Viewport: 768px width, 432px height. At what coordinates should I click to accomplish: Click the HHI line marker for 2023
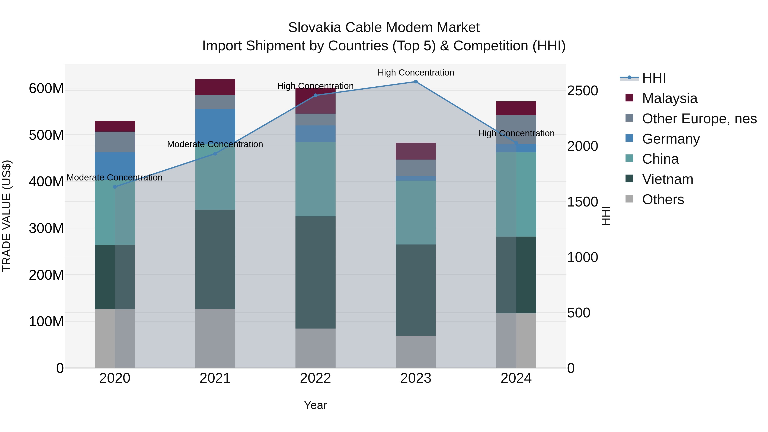(x=416, y=82)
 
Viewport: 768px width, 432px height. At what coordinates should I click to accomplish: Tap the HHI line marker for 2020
(x=115, y=187)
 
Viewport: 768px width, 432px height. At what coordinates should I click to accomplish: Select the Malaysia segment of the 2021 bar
(x=215, y=87)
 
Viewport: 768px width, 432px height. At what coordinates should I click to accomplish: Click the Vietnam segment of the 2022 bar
(x=316, y=272)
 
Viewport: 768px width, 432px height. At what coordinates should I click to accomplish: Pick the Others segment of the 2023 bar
(x=416, y=352)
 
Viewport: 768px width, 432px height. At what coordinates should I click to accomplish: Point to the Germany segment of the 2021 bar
(x=215, y=125)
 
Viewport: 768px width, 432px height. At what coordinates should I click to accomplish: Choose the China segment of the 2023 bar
(x=416, y=212)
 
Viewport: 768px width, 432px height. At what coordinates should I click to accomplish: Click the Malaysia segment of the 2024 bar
(x=516, y=108)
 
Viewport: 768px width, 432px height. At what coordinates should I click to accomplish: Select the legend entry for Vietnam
(x=668, y=179)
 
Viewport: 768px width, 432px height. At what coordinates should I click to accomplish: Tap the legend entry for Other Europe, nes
(x=699, y=119)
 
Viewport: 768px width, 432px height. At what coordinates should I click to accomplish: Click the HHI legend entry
(x=653, y=78)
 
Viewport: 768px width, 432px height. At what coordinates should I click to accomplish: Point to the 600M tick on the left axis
(x=46, y=89)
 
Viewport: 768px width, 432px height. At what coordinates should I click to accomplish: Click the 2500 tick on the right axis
(x=582, y=91)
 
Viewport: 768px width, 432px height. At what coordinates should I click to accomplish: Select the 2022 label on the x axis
(x=316, y=378)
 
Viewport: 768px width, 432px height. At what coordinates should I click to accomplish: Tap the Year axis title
(x=316, y=405)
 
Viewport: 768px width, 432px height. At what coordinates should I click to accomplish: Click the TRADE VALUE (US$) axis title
(x=7, y=216)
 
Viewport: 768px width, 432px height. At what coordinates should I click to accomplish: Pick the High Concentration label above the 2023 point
(x=416, y=73)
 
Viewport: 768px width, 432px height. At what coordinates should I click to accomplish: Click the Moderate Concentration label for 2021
(x=215, y=144)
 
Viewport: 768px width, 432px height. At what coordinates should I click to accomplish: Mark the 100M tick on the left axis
(x=46, y=321)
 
